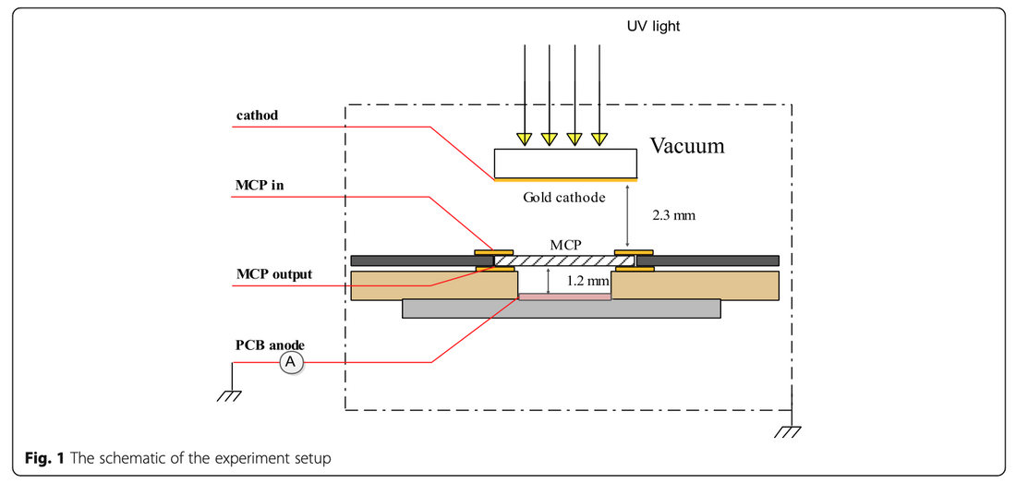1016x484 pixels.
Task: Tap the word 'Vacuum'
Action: pyautogui.click(x=687, y=146)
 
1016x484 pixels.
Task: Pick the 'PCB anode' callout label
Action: pyautogui.click(x=269, y=345)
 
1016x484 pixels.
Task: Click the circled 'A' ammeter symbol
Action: pyautogui.click(x=290, y=363)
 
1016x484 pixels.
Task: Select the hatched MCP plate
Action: pyautogui.click(x=564, y=262)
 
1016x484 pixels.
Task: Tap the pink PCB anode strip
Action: pyautogui.click(x=564, y=296)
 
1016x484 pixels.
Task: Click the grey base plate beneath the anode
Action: pyautogui.click(x=561, y=309)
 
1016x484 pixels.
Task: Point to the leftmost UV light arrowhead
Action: pyautogui.click(x=525, y=139)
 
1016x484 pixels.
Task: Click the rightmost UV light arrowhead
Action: pyautogui.click(x=600, y=139)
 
